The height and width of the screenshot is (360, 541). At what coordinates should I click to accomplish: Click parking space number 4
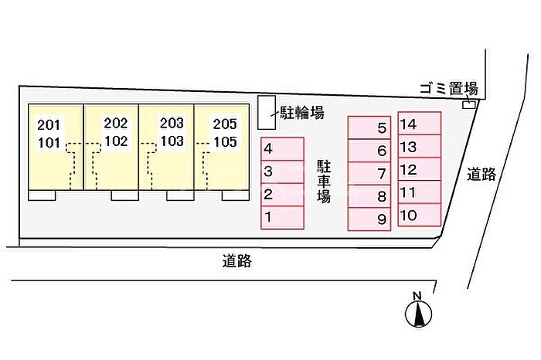[x=282, y=149]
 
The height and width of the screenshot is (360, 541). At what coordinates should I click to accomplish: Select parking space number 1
[x=282, y=218]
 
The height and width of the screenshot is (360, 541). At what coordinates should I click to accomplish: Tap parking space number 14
[x=419, y=124]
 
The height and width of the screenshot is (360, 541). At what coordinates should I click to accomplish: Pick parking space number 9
[x=369, y=219]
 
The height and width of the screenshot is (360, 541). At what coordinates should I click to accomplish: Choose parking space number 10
[x=419, y=215]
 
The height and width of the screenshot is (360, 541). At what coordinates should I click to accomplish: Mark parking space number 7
[x=369, y=173]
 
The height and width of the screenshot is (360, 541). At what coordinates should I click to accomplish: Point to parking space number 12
[x=419, y=169]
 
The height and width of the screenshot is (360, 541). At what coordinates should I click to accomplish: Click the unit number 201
[x=49, y=125]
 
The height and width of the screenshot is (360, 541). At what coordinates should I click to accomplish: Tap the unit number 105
[x=225, y=141]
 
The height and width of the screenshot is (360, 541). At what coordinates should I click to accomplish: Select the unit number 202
[x=116, y=123]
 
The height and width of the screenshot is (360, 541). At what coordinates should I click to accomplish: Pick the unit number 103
[x=172, y=141]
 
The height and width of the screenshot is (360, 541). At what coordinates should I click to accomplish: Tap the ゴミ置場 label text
[x=448, y=89]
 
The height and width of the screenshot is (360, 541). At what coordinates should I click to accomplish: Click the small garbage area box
[x=468, y=104]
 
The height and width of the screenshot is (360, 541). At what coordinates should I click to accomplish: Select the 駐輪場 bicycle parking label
[x=302, y=113]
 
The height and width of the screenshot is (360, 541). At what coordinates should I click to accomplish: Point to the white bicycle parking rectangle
[x=267, y=113]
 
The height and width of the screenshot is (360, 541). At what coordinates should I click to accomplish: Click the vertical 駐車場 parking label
[x=324, y=182]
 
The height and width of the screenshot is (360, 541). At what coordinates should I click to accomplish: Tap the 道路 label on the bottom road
[x=236, y=261]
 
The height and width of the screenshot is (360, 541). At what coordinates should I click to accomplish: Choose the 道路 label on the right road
[x=481, y=174]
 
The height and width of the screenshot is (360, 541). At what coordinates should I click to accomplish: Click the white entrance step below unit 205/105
[x=235, y=195]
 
